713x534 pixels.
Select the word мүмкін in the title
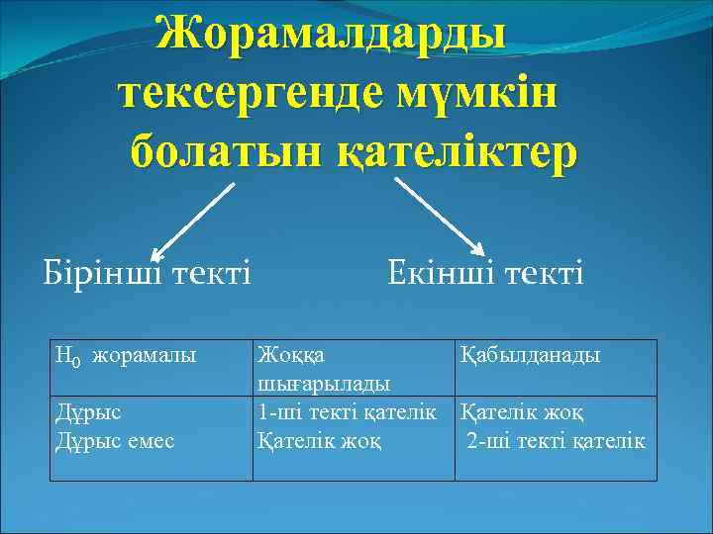coord(476,95)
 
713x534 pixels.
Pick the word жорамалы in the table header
coord(144,355)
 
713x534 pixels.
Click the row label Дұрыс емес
coord(116,439)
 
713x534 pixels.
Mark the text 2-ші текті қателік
coord(557,439)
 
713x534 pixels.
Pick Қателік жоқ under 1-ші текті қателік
coord(318,439)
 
